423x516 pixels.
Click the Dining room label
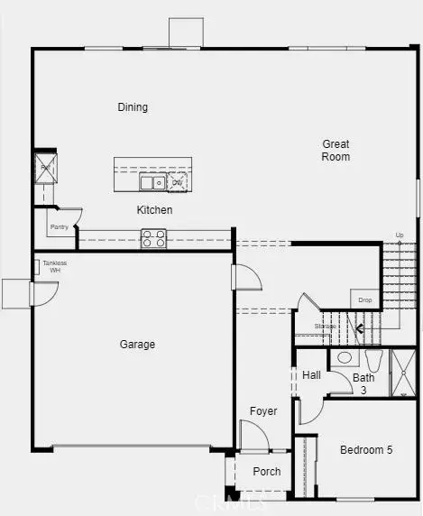[x=133, y=107]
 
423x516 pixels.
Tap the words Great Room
[x=336, y=151]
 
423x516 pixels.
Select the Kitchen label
[x=154, y=210]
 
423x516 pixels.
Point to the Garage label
[x=137, y=345]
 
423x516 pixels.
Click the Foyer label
[x=263, y=411]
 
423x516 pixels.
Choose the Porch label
[x=266, y=471]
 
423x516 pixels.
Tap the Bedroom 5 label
[x=365, y=450]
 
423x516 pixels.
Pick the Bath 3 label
[x=363, y=383]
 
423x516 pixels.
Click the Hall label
[x=311, y=375]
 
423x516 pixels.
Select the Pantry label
[x=59, y=227]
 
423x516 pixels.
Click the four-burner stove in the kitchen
[x=153, y=239]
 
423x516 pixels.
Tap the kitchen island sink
[x=151, y=183]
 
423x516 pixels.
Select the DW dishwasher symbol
[x=178, y=183]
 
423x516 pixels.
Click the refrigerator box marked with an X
[x=44, y=166]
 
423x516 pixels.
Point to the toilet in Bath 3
[x=343, y=358]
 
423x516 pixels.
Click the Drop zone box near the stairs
[x=364, y=299]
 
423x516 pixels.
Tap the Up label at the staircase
[x=400, y=235]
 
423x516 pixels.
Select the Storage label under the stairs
[x=325, y=327]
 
